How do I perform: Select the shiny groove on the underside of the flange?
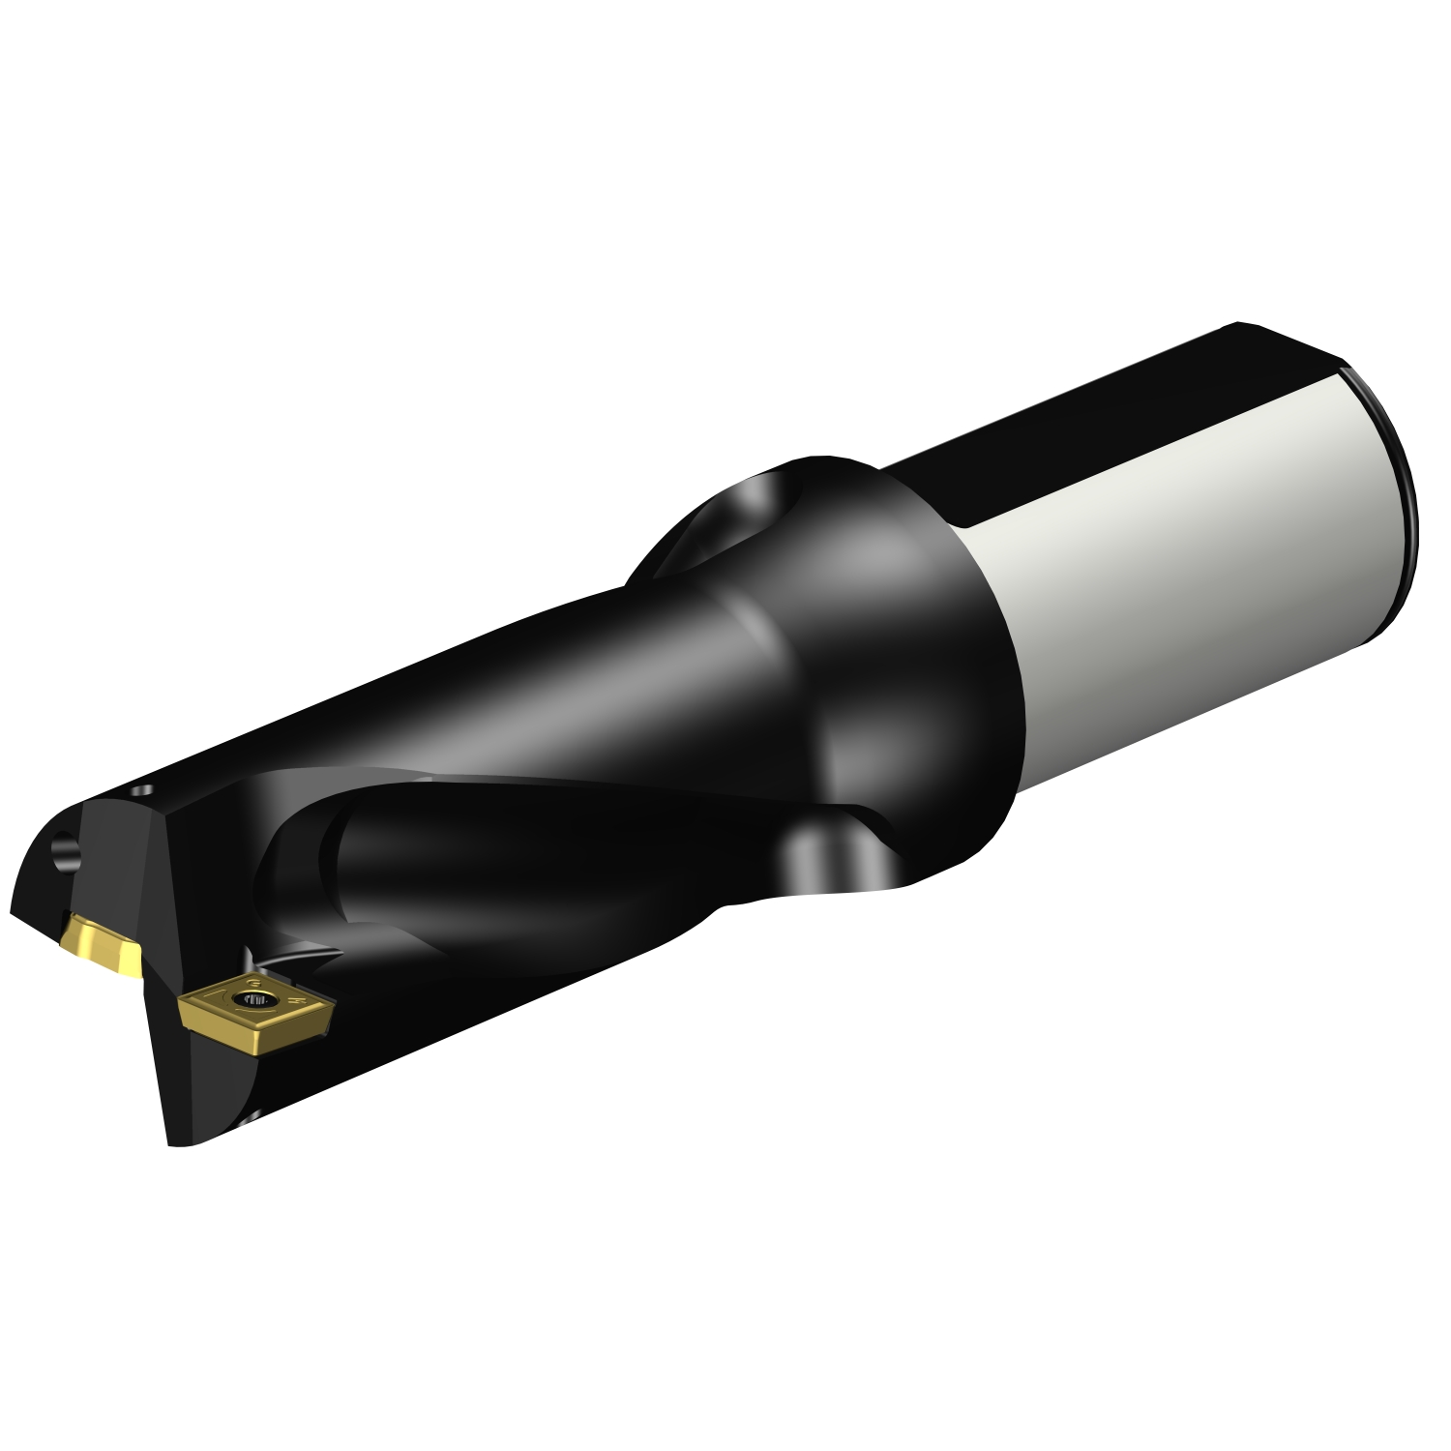point(822,856)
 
